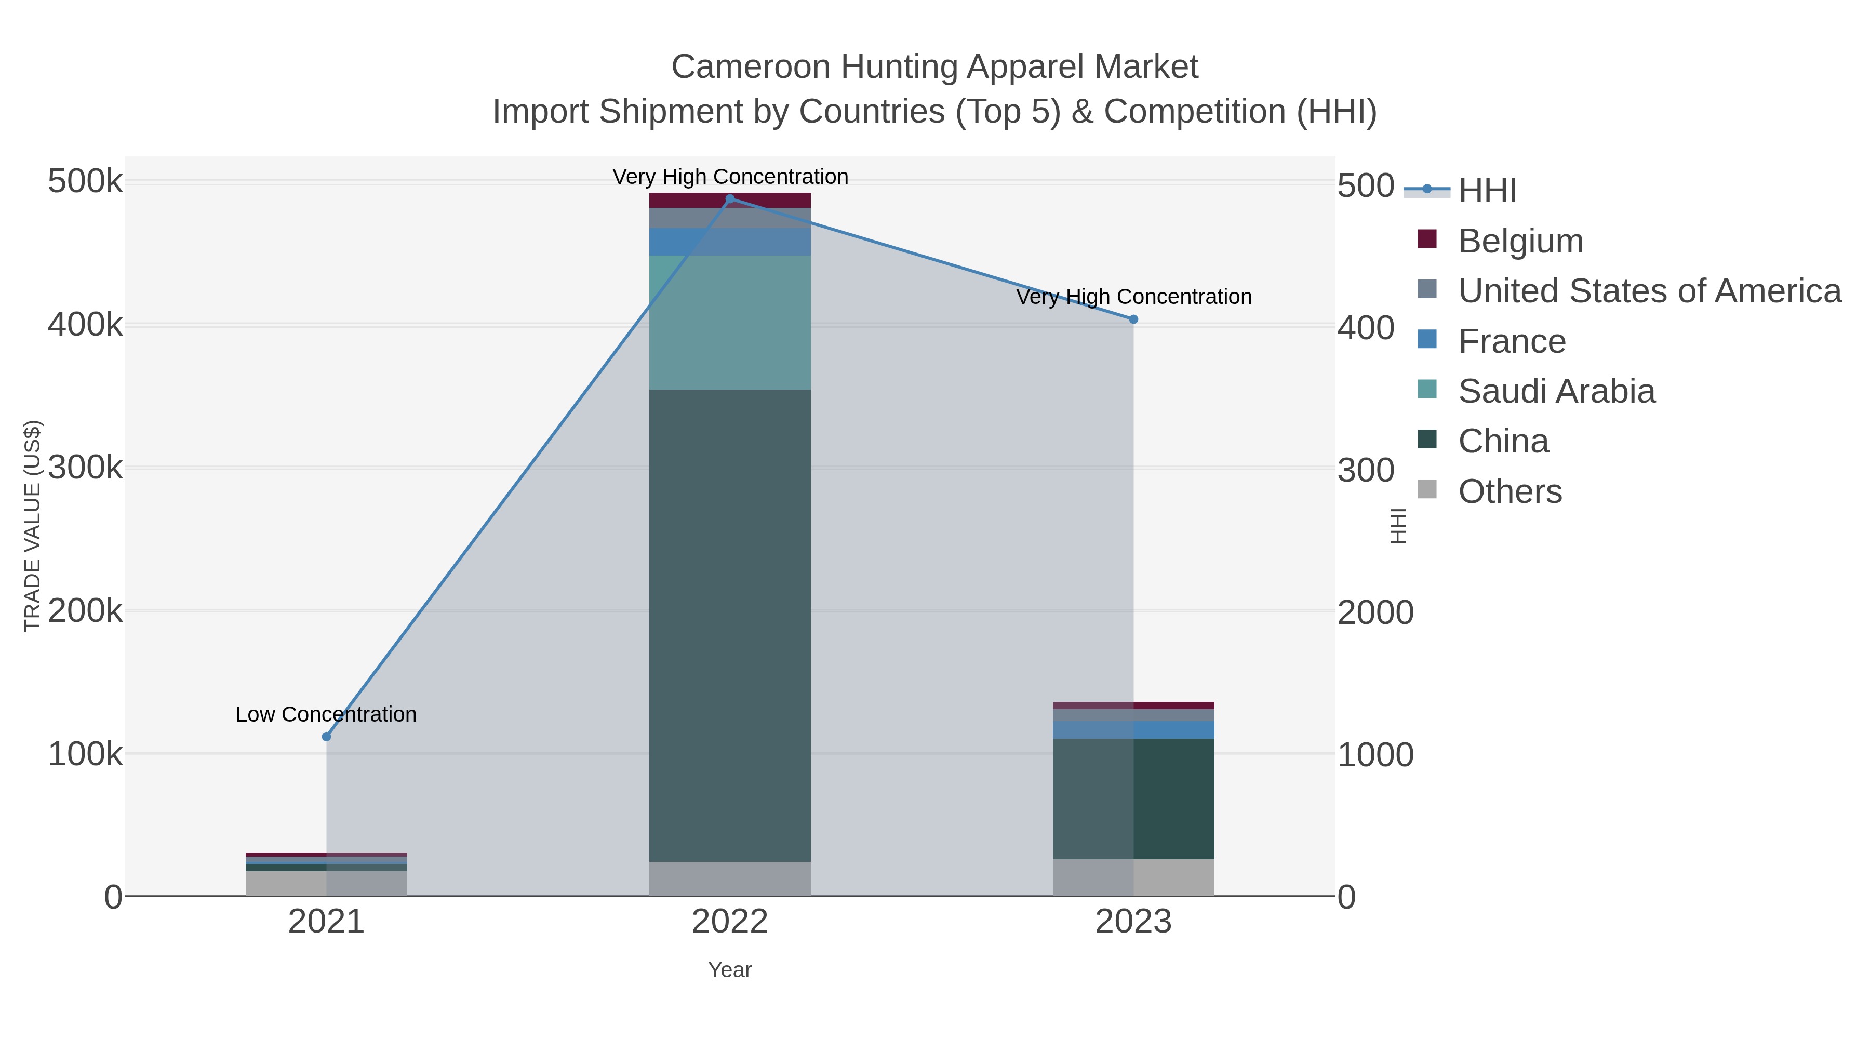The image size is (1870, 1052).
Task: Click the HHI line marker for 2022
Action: [730, 199]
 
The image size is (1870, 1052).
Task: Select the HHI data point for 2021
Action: [327, 737]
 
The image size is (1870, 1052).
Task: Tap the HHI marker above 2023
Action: [1134, 319]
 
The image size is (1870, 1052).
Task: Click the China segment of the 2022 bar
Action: [730, 624]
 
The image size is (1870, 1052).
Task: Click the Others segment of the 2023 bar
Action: [1134, 878]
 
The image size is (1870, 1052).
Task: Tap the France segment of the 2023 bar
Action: [1134, 730]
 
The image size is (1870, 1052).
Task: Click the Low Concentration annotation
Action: [327, 714]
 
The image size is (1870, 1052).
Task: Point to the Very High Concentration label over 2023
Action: [1134, 297]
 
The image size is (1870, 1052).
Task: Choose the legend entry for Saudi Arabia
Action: [1556, 391]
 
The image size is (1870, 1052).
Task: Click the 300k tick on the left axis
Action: [86, 468]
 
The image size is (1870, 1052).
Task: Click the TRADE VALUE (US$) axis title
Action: [33, 526]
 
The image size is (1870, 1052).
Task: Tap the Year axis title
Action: [730, 970]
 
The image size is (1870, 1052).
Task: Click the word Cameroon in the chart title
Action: [751, 67]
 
